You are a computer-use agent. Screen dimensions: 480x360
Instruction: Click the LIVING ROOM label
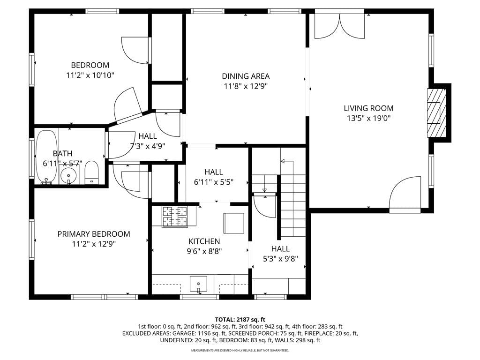point(368,108)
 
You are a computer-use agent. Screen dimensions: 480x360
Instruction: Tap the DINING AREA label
point(246,76)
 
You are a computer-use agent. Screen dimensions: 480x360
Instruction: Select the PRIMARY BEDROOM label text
point(94,234)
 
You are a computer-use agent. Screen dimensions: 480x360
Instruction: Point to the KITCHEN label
point(204,241)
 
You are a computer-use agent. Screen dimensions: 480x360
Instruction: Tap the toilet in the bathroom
point(91,172)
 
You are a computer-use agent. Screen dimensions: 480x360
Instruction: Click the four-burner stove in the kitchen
point(175,217)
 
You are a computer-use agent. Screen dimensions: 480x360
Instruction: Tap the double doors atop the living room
point(339,26)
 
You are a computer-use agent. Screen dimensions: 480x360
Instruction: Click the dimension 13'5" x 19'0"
point(368,118)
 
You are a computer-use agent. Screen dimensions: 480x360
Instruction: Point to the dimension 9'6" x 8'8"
point(204,251)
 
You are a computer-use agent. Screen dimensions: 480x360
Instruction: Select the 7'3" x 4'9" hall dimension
point(148,146)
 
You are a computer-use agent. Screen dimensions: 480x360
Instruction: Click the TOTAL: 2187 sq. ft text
point(240,320)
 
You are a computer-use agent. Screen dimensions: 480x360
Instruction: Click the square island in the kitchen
point(234,223)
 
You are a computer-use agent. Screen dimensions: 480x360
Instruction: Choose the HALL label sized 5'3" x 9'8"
point(280,248)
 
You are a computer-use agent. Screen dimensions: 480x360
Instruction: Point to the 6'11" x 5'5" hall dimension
point(214,182)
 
